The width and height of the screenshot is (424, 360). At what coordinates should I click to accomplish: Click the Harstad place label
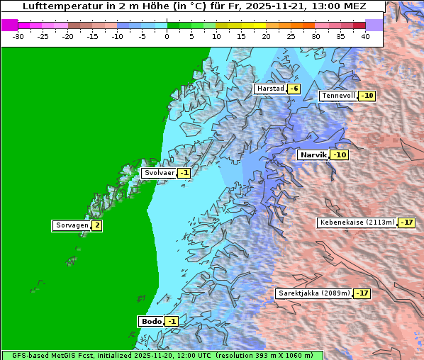click(x=270, y=89)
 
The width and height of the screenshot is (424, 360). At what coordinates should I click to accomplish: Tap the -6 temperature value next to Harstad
click(x=294, y=89)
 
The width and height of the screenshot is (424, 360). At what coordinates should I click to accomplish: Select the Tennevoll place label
click(x=338, y=96)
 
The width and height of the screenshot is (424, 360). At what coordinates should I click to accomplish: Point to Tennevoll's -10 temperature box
click(x=367, y=96)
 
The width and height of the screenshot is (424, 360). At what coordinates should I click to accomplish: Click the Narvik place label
click(x=313, y=154)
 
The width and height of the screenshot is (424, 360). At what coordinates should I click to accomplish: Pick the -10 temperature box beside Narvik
click(x=340, y=154)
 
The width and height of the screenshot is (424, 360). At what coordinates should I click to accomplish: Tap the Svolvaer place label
click(x=159, y=173)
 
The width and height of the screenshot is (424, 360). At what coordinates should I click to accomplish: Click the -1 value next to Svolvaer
click(x=184, y=173)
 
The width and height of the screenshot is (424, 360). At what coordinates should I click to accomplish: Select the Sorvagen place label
click(x=72, y=226)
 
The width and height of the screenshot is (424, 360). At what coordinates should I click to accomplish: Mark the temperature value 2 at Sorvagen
click(x=97, y=226)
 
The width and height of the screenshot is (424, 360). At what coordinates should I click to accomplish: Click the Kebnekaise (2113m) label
click(x=357, y=223)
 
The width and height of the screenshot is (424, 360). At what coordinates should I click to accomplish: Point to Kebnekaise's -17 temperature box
click(x=406, y=223)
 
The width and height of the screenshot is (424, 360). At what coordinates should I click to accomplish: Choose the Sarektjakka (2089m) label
click(x=314, y=293)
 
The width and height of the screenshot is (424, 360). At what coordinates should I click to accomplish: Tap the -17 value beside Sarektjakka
click(x=362, y=293)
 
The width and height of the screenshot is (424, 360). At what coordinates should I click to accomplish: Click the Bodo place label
click(x=151, y=322)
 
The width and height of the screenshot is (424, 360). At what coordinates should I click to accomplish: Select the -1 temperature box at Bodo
click(x=172, y=322)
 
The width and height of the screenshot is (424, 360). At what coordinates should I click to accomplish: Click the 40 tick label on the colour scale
click(x=365, y=35)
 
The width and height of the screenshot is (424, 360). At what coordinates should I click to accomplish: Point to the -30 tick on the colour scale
click(x=18, y=35)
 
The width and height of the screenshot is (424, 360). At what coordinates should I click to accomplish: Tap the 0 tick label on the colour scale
click(x=167, y=35)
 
